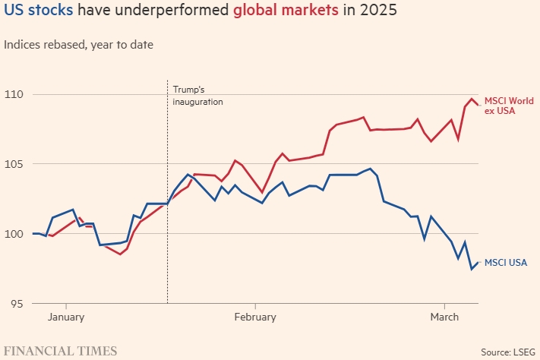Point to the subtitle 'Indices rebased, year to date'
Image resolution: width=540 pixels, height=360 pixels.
coord(78,45)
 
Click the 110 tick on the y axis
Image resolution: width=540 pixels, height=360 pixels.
coord(14,95)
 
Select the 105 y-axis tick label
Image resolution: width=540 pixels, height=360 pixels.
coord(14,164)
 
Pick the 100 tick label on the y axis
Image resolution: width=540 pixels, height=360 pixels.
coord(14,234)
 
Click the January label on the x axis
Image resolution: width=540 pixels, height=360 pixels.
coord(65,317)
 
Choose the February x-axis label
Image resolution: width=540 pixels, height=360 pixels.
coord(255,317)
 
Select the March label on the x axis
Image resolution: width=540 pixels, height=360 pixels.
coord(445,317)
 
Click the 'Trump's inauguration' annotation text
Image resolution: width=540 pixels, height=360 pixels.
coord(197,95)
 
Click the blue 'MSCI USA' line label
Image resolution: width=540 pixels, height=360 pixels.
coord(506,263)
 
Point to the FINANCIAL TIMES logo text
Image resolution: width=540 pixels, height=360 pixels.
coord(60,350)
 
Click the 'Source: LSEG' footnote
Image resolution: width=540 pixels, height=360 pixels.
coord(507,351)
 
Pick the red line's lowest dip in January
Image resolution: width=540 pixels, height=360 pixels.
coord(120,254)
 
